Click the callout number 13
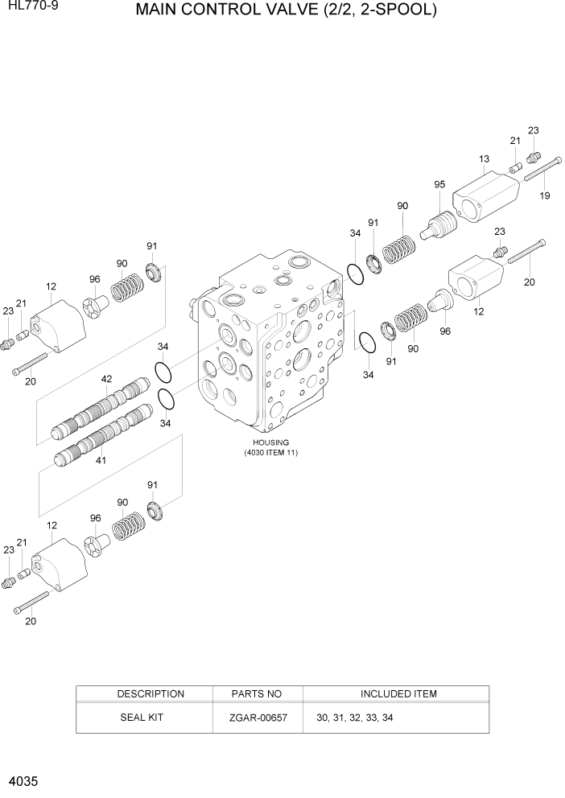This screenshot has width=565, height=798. (x=484, y=158)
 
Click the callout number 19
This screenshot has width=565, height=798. (x=545, y=195)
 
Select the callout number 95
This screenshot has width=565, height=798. (x=439, y=184)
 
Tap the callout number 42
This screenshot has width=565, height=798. (x=106, y=379)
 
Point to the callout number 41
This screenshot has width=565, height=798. (x=101, y=461)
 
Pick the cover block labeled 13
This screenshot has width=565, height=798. (x=483, y=198)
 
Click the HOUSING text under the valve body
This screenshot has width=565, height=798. (x=270, y=442)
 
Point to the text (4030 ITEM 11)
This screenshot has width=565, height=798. (x=271, y=453)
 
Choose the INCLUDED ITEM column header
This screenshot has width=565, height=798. (x=398, y=693)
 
